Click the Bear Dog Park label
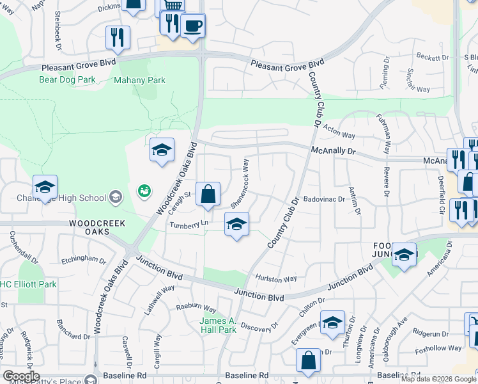point(66,80)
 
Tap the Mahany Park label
point(139,80)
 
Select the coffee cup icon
point(192,26)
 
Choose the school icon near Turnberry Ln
point(236,225)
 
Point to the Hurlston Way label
point(276,279)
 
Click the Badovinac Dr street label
point(324,199)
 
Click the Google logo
point(21,376)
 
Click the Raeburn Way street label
point(196,307)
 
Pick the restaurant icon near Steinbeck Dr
point(116,36)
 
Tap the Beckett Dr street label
point(433,58)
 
